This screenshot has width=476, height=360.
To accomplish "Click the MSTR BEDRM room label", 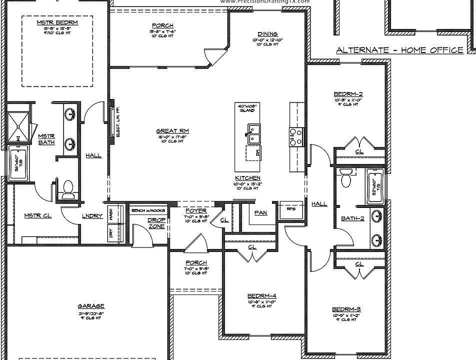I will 57,22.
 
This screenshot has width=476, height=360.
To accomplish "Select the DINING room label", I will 267,34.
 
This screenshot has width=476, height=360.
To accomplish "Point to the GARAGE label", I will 90,306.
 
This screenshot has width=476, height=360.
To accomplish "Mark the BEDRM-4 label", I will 262,295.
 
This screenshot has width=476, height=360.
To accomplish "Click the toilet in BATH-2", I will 345,177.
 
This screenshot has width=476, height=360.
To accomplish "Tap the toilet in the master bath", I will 68,187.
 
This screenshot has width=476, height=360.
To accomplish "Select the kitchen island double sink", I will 254,131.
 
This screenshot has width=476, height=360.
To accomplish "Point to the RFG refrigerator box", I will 291,208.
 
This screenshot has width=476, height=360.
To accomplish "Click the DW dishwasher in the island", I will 253,152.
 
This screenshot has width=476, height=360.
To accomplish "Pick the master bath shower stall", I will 17,127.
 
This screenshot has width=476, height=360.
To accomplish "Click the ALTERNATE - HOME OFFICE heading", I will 399,50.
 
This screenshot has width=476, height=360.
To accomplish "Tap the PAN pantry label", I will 260,212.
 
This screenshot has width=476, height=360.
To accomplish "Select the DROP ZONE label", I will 156,223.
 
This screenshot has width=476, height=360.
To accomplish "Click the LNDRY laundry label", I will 92,216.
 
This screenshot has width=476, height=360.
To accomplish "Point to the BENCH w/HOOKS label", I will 148,210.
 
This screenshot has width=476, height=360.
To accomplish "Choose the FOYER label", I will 196,210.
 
